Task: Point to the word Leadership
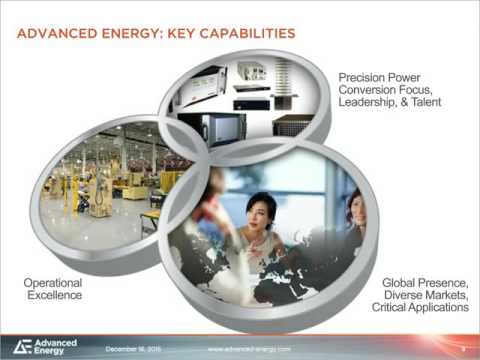375,104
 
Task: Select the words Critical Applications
420,308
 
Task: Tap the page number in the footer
463,348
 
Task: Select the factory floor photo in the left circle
110,175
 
